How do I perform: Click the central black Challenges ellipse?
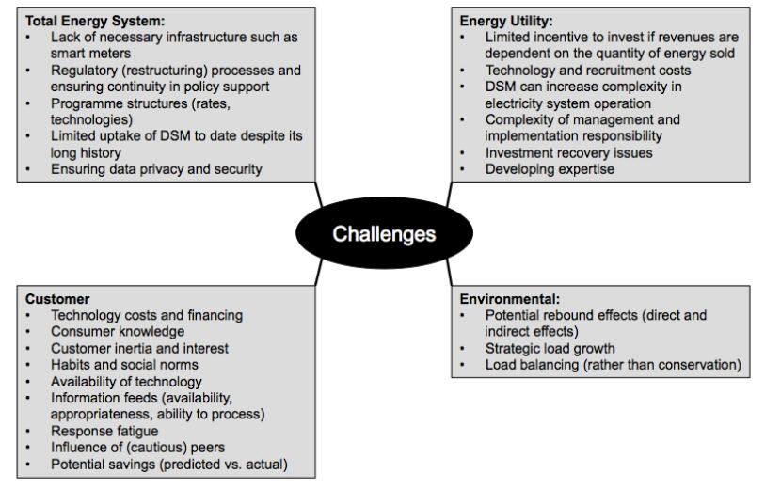[384, 233]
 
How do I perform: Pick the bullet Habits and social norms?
[125, 364]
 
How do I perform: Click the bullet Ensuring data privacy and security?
[157, 169]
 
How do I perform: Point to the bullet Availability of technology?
[127, 381]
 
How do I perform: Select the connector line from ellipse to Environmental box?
[449, 271]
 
